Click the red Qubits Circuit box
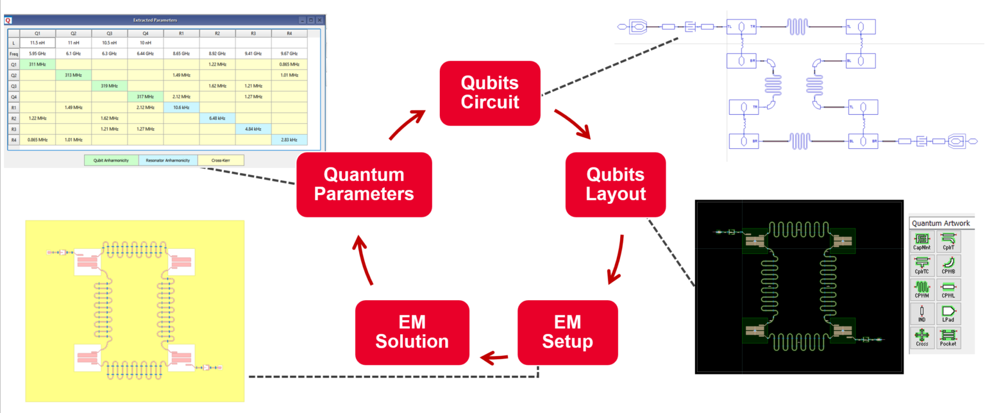[x=489, y=93]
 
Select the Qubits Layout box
[x=616, y=184]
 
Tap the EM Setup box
[x=568, y=332]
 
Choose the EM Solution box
[x=412, y=332]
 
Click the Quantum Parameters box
[x=364, y=184]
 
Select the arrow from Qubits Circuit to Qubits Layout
[x=573, y=123]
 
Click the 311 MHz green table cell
[x=37, y=64]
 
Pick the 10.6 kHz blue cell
[x=181, y=107]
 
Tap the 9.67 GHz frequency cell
[x=289, y=54]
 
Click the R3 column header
[x=253, y=33]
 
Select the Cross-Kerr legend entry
[x=220, y=160]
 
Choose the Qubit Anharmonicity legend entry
[x=111, y=160]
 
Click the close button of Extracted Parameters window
[x=319, y=21]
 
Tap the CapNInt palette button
[x=922, y=243]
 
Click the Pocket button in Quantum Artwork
[x=948, y=337]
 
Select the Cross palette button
[x=922, y=337]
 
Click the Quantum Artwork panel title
[x=941, y=223]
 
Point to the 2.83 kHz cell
[x=289, y=139]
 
